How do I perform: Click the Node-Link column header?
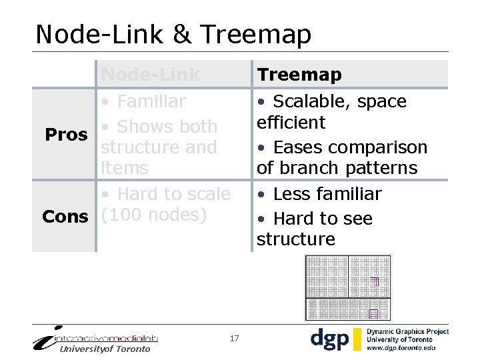(x=150, y=75)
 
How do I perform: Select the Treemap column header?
(x=299, y=75)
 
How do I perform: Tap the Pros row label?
(x=66, y=135)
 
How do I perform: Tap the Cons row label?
(x=65, y=217)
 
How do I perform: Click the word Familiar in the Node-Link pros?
(x=151, y=101)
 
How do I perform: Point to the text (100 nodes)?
(x=154, y=215)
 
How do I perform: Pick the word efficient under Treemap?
(x=291, y=123)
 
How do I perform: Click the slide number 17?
(x=234, y=339)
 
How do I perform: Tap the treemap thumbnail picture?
(x=347, y=287)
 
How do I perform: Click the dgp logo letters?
(x=329, y=339)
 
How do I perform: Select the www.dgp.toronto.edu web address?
(x=401, y=348)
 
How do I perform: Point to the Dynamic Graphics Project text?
(x=407, y=331)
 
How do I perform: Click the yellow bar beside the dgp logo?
(x=357, y=339)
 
